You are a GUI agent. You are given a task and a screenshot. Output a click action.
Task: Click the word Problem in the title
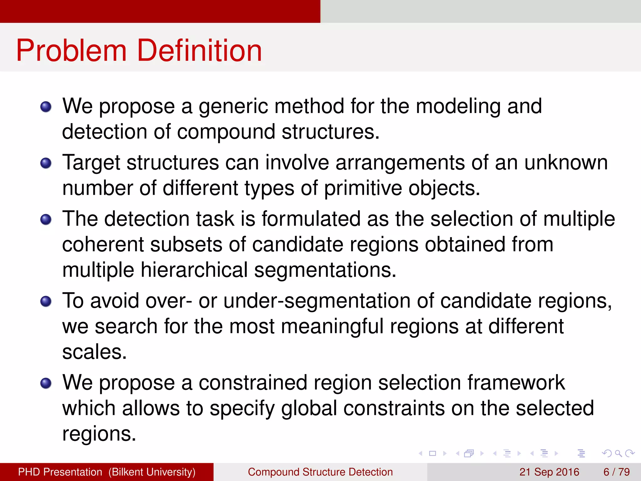(71, 51)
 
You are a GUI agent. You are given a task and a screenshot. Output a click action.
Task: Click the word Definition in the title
(199, 51)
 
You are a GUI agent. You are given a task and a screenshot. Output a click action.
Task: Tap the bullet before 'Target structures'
(46, 163)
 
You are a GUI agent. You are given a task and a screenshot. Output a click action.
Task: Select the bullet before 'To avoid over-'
(46, 301)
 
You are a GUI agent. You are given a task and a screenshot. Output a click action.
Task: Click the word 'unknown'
(566, 163)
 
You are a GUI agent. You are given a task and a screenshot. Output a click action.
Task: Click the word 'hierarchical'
(194, 270)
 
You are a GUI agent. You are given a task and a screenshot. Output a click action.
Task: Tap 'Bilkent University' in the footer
(152, 472)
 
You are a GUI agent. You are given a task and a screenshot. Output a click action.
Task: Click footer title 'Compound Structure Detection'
(320, 472)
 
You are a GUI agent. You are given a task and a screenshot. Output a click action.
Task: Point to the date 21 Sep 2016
(549, 472)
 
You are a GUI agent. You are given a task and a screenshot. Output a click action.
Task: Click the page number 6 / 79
(616, 472)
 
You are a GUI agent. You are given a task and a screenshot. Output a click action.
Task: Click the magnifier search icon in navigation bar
(618, 453)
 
